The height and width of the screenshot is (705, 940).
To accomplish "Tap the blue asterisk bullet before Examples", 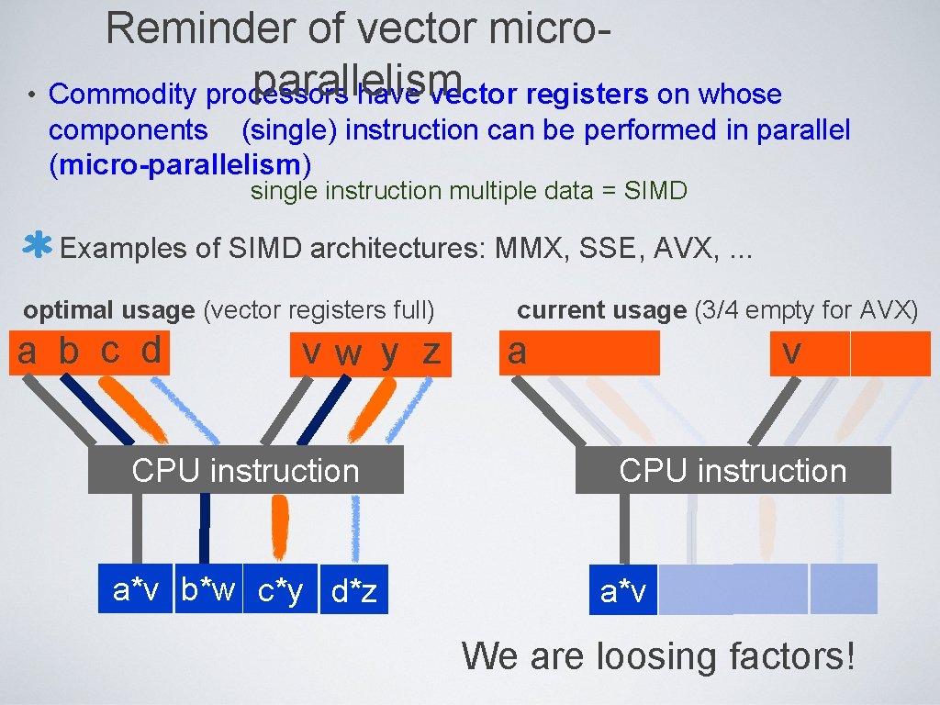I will point(37,247).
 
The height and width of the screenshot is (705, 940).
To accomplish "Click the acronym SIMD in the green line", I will point(655,191).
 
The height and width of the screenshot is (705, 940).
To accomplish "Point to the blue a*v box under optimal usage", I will point(136,589).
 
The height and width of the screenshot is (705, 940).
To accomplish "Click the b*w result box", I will point(208,589).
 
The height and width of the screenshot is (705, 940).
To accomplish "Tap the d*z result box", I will point(354,592).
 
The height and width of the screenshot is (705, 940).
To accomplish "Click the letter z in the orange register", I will point(431,352).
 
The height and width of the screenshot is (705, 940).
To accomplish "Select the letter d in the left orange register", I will point(151,350).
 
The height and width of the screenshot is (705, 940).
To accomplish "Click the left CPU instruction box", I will point(245,470).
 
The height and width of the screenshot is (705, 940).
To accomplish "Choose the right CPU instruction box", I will point(733,470).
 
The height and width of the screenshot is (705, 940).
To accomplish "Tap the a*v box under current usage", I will point(623,592).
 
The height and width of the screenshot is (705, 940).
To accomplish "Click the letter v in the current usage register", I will point(791,352).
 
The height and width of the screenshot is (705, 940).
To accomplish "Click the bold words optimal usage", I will point(109,310).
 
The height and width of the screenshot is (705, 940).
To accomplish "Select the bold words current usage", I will point(601,310).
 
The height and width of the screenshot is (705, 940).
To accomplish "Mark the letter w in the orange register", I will point(348,353).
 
